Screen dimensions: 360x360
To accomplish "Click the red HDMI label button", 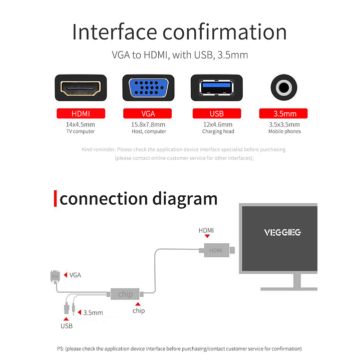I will pos(81,114).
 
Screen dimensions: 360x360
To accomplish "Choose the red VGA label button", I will pos(148,114).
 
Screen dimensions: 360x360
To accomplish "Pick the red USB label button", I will pos(216,114).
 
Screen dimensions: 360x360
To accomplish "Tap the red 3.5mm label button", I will pos(283,114).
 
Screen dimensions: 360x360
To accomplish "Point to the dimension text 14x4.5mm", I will pos(81,124).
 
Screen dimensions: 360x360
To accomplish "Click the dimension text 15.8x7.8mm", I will pos(148,124).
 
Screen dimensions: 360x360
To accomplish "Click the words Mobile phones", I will pos(284,132).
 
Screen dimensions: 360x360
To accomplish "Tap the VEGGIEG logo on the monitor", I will pos(282,232).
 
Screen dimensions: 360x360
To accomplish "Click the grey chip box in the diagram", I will pos(125,294).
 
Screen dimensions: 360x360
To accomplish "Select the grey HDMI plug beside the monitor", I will pos(216,250).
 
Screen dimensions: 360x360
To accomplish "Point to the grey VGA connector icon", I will pos(55,276).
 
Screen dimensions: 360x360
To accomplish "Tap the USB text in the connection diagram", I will pos(67,326).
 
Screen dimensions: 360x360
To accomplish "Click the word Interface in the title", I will pos(115,32).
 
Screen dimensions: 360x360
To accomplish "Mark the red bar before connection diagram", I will pos(56,198).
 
